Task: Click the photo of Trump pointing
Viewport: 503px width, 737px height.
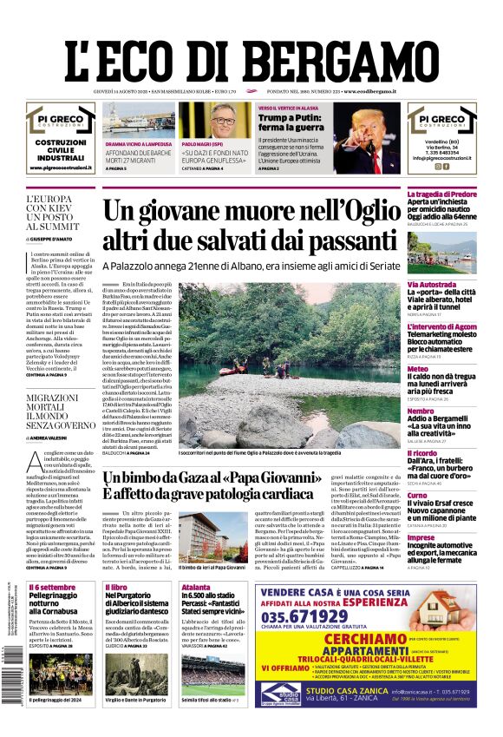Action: [368, 139]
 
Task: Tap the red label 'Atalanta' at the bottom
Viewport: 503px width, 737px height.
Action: [196, 588]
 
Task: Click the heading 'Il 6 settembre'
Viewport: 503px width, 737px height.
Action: [53, 588]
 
